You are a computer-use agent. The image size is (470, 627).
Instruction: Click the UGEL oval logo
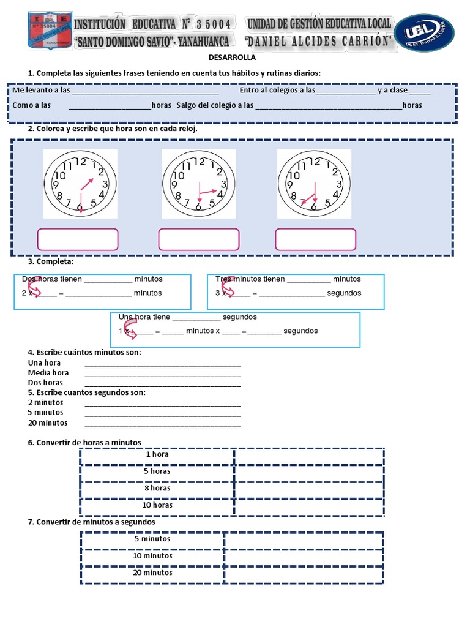click(x=424, y=32)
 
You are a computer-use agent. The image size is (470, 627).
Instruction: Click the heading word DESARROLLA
click(x=233, y=59)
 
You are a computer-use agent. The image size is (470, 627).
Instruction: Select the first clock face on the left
click(x=80, y=184)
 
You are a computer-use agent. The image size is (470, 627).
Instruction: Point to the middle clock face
click(x=198, y=184)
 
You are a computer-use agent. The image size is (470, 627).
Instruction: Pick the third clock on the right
click(x=314, y=184)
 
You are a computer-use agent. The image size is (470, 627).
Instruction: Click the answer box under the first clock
click(x=78, y=239)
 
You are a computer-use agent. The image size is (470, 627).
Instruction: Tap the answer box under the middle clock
click(x=199, y=239)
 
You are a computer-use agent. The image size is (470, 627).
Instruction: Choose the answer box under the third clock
click(x=315, y=239)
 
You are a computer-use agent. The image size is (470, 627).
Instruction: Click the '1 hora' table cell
click(x=157, y=455)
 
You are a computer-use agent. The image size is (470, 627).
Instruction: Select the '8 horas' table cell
click(x=157, y=489)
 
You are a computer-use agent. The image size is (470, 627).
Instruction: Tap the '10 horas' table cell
click(x=157, y=505)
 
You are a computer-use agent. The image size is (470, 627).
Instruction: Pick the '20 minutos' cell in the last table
click(x=153, y=573)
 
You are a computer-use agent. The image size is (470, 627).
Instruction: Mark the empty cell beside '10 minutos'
click(x=304, y=557)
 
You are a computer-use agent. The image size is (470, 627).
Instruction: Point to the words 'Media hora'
click(x=48, y=372)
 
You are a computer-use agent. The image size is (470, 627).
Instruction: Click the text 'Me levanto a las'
click(x=41, y=91)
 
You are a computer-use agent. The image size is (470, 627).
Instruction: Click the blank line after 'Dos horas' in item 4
click(x=162, y=383)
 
